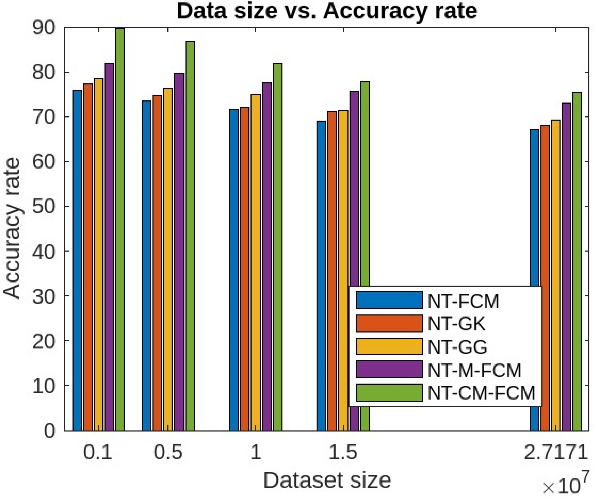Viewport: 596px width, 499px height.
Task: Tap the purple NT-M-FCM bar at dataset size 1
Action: pyautogui.click(x=267, y=255)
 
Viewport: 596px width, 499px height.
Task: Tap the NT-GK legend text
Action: pyautogui.click(x=456, y=324)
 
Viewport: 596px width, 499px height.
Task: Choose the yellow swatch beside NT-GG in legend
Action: pyautogui.click(x=389, y=346)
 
